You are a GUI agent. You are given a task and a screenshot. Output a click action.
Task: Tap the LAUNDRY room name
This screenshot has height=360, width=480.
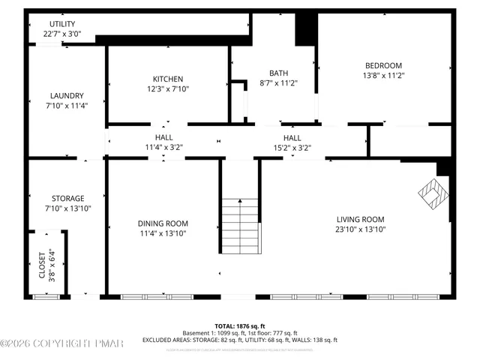[x=67, y=95]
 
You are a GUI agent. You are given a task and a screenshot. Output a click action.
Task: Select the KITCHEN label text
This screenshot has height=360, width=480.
[x=167, y=79]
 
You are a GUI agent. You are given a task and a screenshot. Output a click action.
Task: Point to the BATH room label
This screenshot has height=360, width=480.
[x=278, y=73]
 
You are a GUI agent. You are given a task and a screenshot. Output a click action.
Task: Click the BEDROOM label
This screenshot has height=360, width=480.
[x=383, y=65]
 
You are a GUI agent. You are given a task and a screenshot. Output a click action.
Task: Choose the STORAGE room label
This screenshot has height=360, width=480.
[x=67, y=198]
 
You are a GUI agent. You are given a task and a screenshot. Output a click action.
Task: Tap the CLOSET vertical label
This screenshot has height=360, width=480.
[x=42, y=264]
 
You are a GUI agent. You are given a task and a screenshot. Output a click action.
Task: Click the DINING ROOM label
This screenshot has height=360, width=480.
[x=163, y=223]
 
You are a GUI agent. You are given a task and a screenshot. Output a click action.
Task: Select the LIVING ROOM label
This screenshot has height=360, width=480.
[x=360, y=220]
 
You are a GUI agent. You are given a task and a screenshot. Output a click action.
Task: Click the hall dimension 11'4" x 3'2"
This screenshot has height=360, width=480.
[x=163, y=148]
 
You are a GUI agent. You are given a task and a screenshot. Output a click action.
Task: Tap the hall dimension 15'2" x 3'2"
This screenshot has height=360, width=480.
[x=292, y=148]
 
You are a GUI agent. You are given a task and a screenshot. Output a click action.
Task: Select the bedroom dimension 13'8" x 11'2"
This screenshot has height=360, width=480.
[x=383, y=75]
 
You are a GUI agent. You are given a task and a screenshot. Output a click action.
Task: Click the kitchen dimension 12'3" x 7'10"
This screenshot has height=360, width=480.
[x=167, y=89]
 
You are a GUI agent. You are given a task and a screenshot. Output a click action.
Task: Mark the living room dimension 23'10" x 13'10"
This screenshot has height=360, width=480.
[x=360, y=230]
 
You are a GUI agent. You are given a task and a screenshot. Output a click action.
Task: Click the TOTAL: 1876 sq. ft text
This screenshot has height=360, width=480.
[x=240, y=326]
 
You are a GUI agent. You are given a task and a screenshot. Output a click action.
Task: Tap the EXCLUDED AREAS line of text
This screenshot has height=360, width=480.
[x=240, y=340]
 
